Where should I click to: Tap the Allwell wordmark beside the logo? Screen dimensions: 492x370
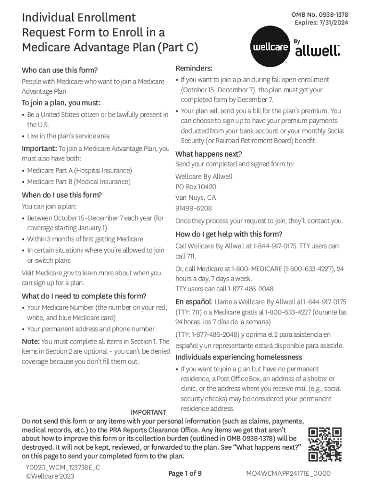coord(317,50)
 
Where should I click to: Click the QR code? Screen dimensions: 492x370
coord(325,444)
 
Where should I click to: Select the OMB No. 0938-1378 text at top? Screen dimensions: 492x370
coord(320,15)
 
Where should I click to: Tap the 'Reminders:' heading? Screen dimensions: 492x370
coord(194,68)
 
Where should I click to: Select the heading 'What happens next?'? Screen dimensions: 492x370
coord(209,154)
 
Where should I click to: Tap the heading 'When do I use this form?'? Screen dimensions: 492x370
coord(62,195)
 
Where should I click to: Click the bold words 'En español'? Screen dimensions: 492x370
coord(194,302)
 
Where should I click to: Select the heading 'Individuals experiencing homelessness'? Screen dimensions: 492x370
coord(239,357)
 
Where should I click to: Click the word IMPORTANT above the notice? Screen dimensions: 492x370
coord(148,412)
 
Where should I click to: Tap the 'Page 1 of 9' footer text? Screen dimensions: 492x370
coord(185,473)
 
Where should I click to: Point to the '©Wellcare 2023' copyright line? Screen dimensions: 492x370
coord(49,477)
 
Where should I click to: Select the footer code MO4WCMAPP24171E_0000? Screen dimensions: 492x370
coord(288,473)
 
